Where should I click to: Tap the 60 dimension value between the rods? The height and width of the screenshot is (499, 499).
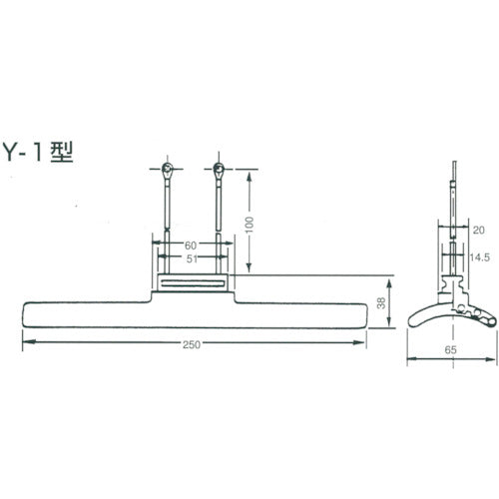(189, 246)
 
